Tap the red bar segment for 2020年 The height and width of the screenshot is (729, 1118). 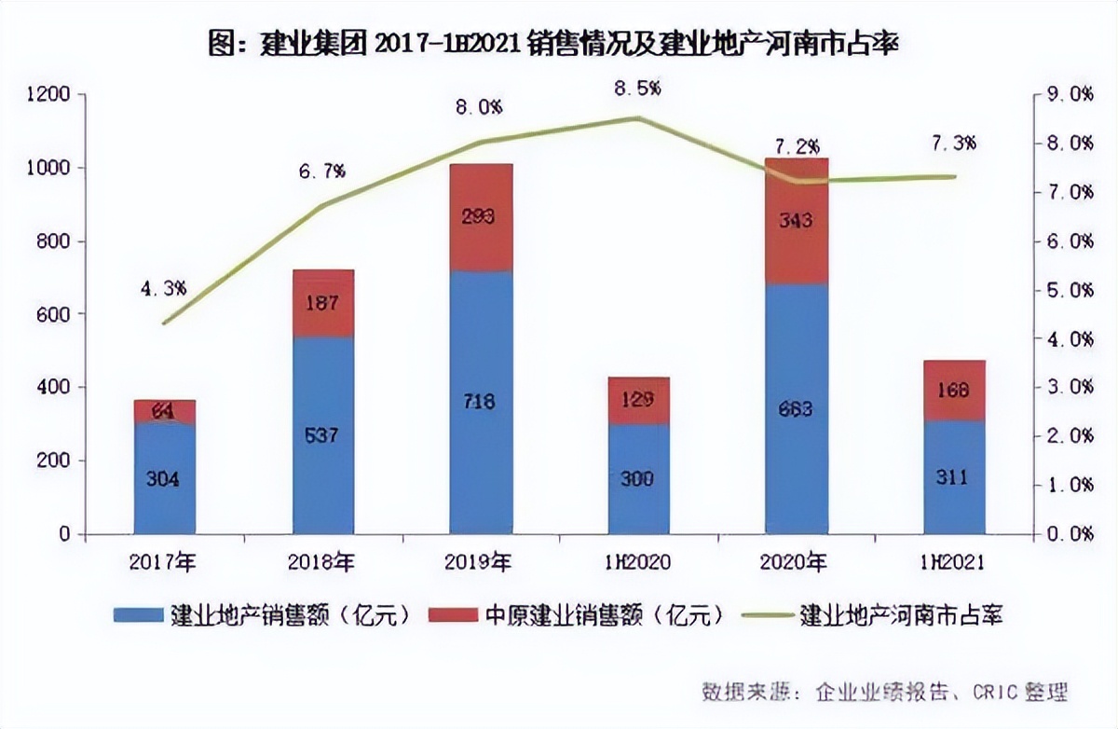pos(797,221)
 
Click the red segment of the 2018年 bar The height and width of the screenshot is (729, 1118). pos(323,303)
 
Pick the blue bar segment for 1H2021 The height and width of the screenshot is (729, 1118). pos(954,477)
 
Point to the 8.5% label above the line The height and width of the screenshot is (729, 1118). pos(637,89)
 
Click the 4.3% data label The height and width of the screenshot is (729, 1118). pos(163,288)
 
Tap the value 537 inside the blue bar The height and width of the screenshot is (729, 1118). pos(323,435)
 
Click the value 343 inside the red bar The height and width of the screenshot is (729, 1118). pos(797,222)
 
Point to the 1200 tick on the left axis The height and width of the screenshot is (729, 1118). pos(48,94)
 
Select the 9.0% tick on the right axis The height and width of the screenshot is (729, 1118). pos(1069,94)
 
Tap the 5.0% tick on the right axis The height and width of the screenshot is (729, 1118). pos(1069,290)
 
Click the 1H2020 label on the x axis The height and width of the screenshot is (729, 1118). pos(638,562)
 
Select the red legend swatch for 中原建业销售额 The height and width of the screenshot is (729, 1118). pos(453,616)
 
